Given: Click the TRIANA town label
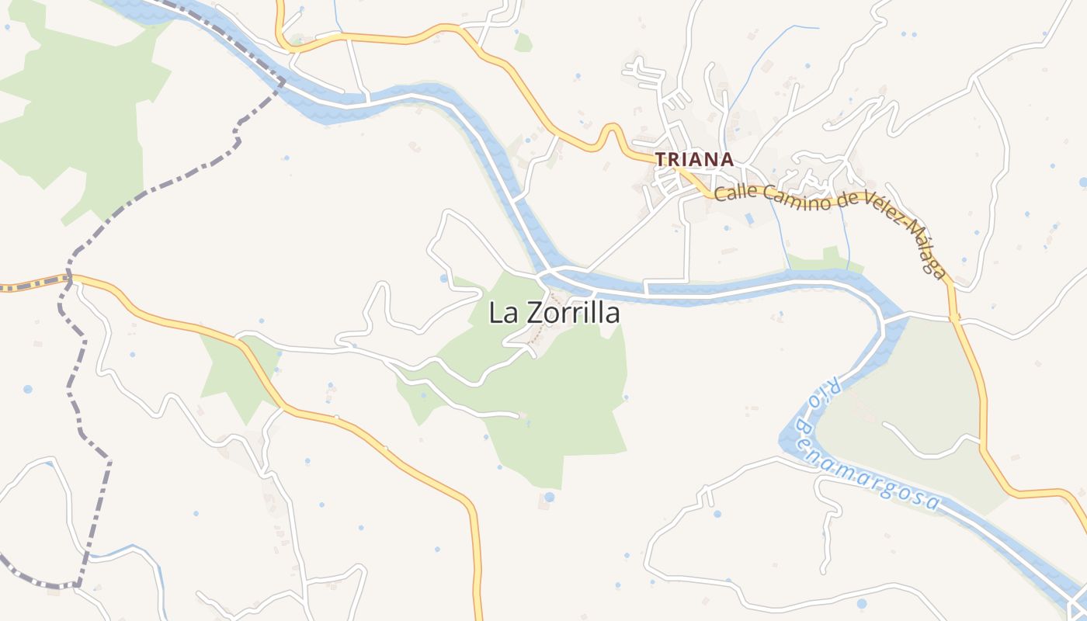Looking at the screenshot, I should pos(694,159).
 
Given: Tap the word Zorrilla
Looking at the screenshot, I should pos(574,313).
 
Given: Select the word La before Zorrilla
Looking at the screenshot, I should pos(505,313).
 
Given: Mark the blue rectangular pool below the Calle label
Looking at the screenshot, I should pos(748,220).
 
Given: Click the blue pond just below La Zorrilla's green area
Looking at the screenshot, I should pos(550,497).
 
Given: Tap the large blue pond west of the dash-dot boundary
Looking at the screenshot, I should pos(28,388).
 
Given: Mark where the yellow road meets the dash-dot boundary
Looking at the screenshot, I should pos(68,276).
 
